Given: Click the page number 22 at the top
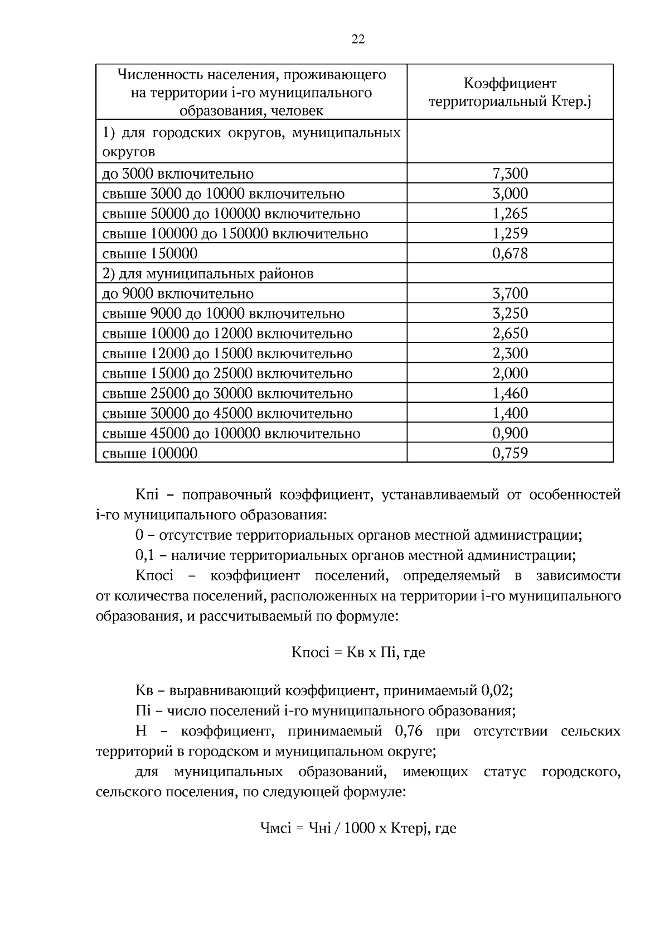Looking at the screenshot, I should pos(358,39).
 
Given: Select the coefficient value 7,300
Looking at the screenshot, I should pos(510,174).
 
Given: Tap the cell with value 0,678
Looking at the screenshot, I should pos(510,253).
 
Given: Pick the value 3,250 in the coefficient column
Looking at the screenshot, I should pos(510,313).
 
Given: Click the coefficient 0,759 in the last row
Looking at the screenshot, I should pos(510,453).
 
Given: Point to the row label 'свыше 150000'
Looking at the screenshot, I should pos(150,253).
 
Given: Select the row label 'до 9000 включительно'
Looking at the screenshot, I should pos(178,294).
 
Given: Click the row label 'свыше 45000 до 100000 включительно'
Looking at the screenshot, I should pos(231,433).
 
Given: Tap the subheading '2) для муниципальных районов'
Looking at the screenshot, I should pos(207,273).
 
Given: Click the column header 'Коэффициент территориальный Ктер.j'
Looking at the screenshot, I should pos(510,93).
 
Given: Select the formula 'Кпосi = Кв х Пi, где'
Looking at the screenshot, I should pos(358,652).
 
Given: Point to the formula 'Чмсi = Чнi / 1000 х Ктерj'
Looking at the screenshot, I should pos(358,828).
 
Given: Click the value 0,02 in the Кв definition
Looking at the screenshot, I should pos(495,691).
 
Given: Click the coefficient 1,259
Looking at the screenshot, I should pos(510,233).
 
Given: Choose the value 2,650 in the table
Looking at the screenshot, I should pos(510,333).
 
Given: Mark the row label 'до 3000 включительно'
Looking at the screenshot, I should pos(178,174).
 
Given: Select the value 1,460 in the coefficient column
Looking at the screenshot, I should pos(510,393).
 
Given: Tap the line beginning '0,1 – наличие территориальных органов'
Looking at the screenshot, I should pos(356,555).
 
